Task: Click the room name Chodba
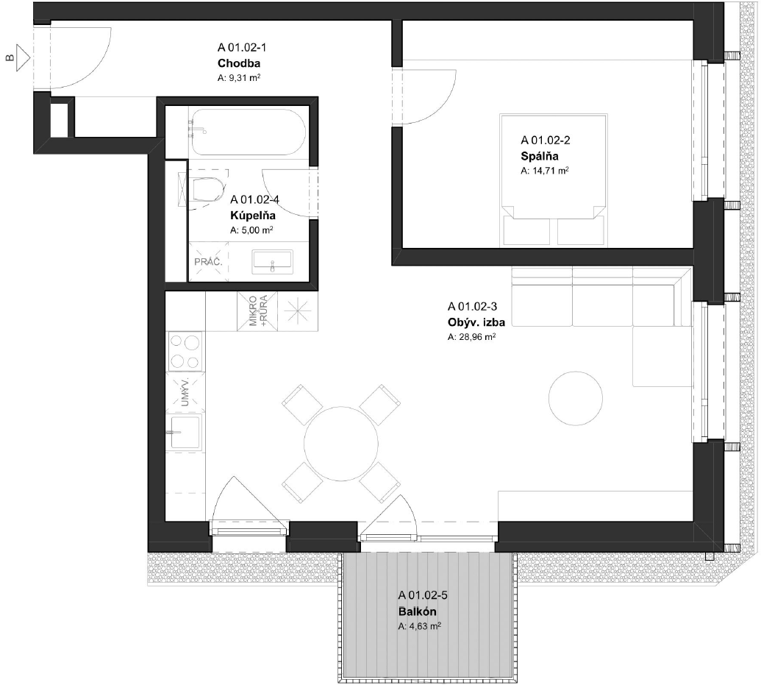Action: pyautogui.click(x=239, y=63)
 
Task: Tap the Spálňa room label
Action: pyautogui.click(x=539, y=156)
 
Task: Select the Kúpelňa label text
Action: pyautogui.click(x=253, y=216)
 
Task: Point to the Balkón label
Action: pyautogui.click(x=418, y=611)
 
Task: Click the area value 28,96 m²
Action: pyautogui.click(x=471, y=337)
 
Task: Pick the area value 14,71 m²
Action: pyautogui.click(x=545, y=171)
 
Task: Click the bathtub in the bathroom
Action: pyautogui.click(x=249, y=132)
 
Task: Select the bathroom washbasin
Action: pyautogui.click(x=272, y=262)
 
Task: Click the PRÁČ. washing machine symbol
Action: pyautogui.click(x=208, y=262)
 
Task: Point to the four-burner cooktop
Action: pyautogui.click(x=185, y=351)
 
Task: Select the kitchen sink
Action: pyautogui.click(x=185, y=432)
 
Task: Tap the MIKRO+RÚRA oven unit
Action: pyautogui.click(x=257, y=311)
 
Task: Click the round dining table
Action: pyautogui.click(x=341, y=444)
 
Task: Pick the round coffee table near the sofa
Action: pyautogui.click(x=576, y=398)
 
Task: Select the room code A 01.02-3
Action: pyautogui.click(x=472, y=307)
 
